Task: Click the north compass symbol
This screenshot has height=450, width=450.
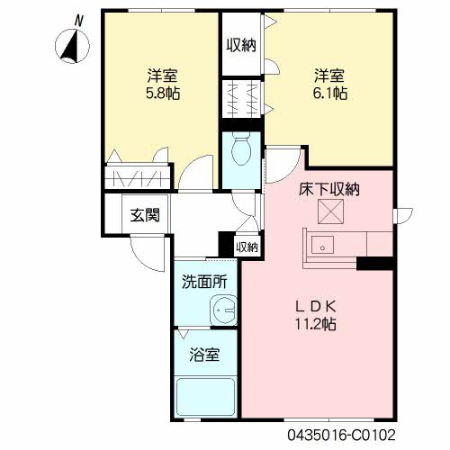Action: [x=72, y=46]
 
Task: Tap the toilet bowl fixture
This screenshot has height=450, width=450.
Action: [x=241, y=151]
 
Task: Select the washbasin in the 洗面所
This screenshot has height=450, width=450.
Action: [x=223, y=310]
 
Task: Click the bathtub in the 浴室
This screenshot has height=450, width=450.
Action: [x=205, y=397]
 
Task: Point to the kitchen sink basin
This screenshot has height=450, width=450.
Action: [x=322, y=245]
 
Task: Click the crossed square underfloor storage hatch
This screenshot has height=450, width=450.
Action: [x=330, y=211]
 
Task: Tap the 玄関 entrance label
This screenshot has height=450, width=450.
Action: [x=145, y=215]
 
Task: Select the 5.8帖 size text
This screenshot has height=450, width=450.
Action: [x=163, y=94]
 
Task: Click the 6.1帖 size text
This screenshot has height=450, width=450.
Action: [x=330, y=94]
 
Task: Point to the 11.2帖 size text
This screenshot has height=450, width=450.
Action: [x=316, y=324]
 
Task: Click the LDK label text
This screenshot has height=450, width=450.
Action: [x=316, y=306]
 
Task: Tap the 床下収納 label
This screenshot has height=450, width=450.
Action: [x=329, y=189]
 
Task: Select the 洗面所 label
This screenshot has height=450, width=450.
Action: [x=204, y=282]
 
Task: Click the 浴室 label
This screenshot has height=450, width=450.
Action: [x=204, y=355]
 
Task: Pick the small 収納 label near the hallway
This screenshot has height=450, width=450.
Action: [x=247, y=247]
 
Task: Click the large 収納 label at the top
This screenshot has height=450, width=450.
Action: [x=241, y=46]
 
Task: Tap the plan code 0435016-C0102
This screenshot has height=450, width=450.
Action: [x=341, y=435]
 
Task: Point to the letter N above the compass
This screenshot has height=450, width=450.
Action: [x=78, y=21]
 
